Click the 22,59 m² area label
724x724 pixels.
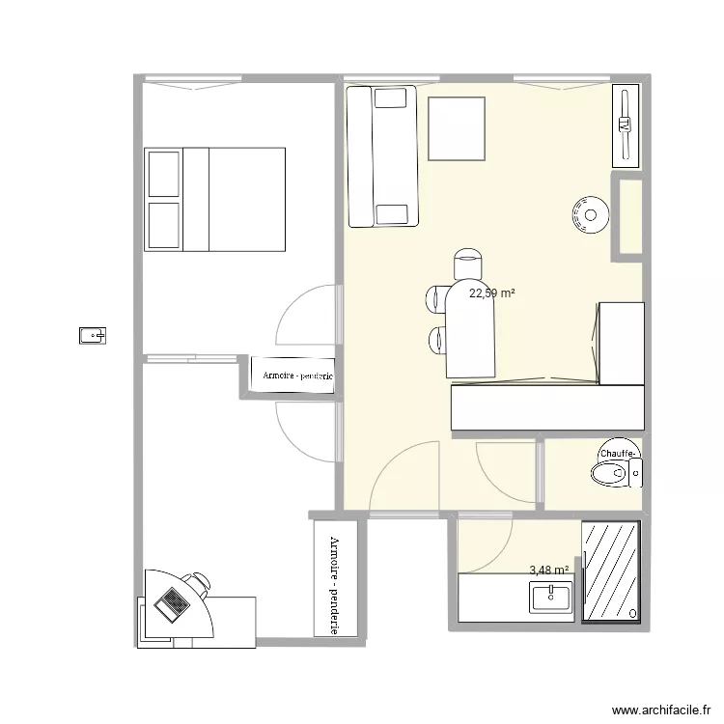[491, 293]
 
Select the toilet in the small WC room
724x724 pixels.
[614, 472]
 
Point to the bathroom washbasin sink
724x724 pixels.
[551, 599]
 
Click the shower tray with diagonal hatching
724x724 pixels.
[610, 572]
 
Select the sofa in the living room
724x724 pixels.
[382, 156]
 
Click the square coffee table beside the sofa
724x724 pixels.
[456, 128]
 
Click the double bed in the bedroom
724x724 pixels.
[215, 200]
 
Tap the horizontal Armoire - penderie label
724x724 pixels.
[292, 376]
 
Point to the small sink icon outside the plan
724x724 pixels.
[93, 336]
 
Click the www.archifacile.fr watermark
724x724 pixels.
[661, 707]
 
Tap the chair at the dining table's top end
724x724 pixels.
[468, 264]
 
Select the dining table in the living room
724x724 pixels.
[470, 328]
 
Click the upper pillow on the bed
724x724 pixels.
[163, 175]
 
